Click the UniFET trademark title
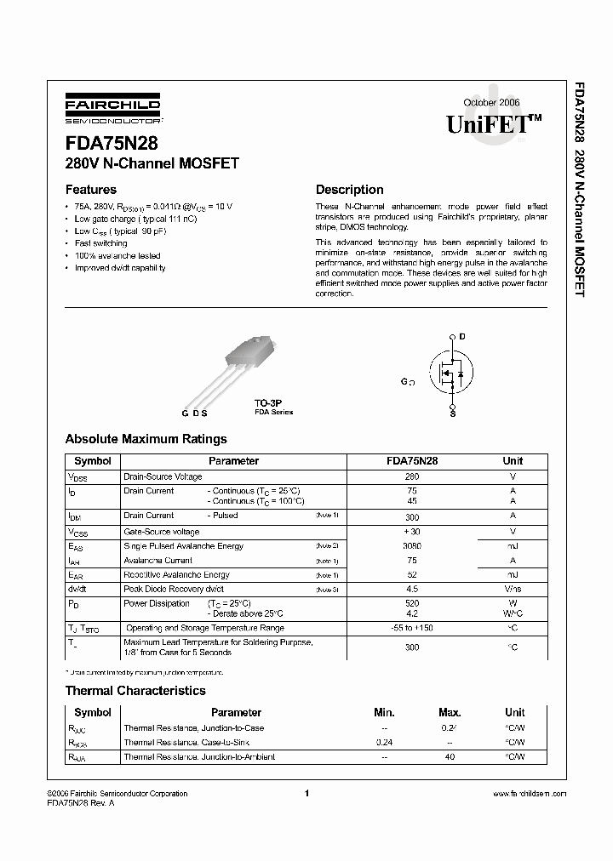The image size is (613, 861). point(494,124)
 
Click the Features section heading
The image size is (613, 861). point(91,190)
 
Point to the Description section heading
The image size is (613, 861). point(349,190)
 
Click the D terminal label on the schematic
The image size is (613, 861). point(462,337)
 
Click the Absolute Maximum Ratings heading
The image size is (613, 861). point(146,439)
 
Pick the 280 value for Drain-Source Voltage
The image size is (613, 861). point(412,477)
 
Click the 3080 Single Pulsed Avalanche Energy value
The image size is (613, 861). point(412,546)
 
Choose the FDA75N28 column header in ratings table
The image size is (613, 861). point(412,461)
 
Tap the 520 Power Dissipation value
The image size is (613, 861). point(412,603)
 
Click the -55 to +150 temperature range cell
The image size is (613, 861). point(412,628)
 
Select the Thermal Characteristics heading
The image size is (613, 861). point(135,691)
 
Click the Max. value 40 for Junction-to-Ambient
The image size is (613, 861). point(450,756)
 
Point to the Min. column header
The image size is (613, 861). point(385,712)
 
